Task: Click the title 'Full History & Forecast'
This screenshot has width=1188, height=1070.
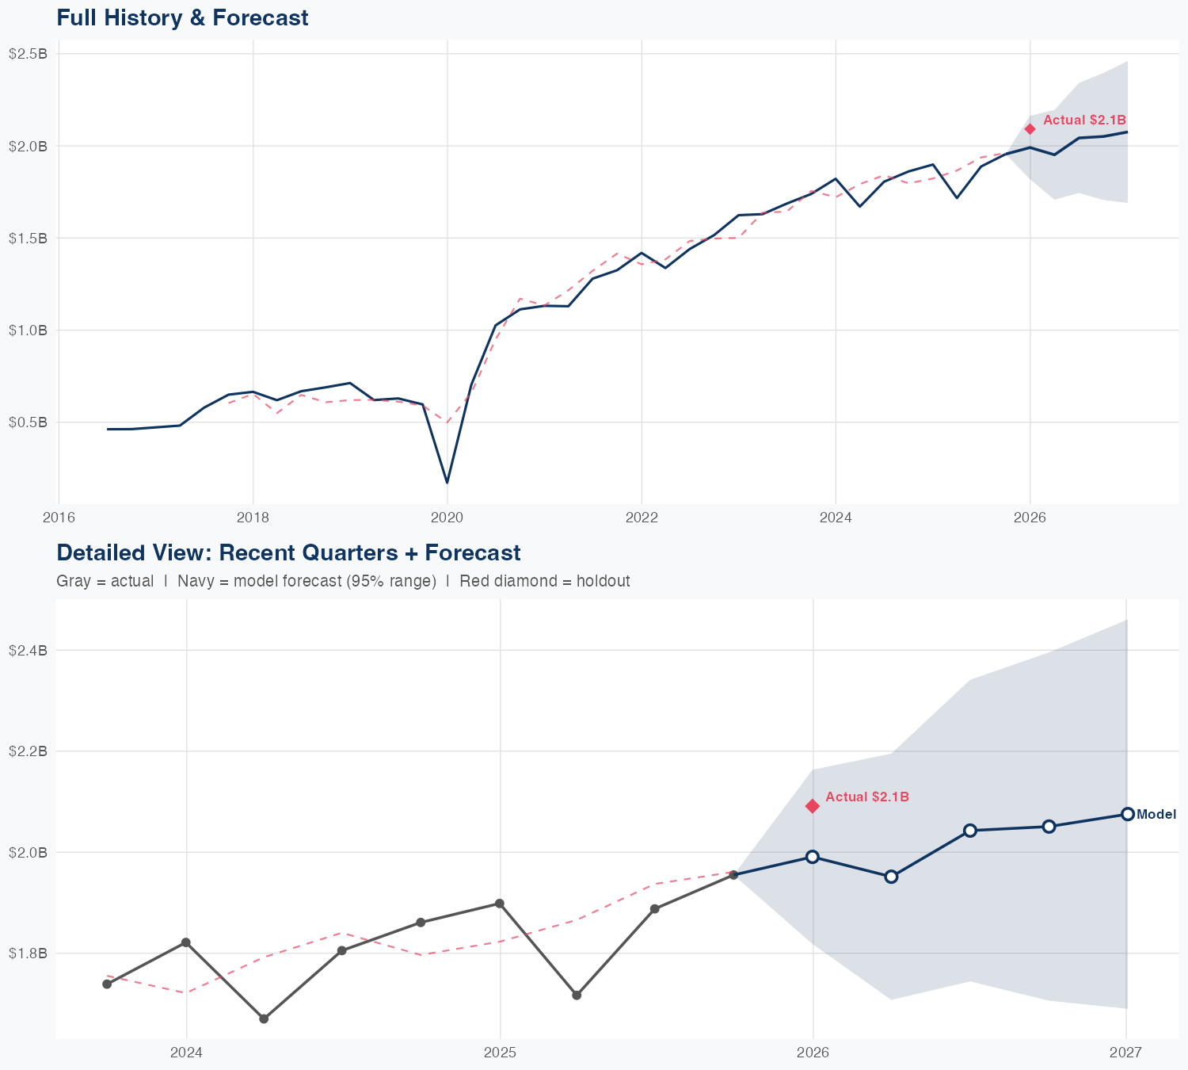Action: point(182,17)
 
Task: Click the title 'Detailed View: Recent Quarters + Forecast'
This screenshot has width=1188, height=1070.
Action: point(288,552)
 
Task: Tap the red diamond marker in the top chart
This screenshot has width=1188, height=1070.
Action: point(1030,128)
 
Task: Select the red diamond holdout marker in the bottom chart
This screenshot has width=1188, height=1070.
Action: point(813,806)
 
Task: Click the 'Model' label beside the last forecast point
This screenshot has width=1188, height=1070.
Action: point(1156,815)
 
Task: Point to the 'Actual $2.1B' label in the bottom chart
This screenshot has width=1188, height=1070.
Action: point(867,797)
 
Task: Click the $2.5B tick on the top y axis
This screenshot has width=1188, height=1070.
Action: point(28,54)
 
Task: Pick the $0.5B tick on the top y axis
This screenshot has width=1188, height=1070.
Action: point(28,422)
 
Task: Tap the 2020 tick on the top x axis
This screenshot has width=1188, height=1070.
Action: point(447,518)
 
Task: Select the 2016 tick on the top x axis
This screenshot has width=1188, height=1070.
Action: point(59,518)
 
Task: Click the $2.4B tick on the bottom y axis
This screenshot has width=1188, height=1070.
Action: point(28,651)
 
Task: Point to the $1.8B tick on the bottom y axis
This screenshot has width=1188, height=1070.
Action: point(28,953)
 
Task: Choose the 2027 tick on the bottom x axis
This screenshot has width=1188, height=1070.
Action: point(1125,1053)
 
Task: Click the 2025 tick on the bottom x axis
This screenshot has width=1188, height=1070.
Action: point(500,1053)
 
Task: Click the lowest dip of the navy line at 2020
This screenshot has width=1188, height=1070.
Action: point(447,482)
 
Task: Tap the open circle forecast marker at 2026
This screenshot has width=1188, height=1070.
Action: point(813,857)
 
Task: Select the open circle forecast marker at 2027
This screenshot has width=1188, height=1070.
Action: point(1127,814)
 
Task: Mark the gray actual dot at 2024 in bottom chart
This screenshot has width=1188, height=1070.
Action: point(186,942)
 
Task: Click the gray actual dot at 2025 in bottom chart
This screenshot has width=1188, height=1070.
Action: point(500,904)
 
